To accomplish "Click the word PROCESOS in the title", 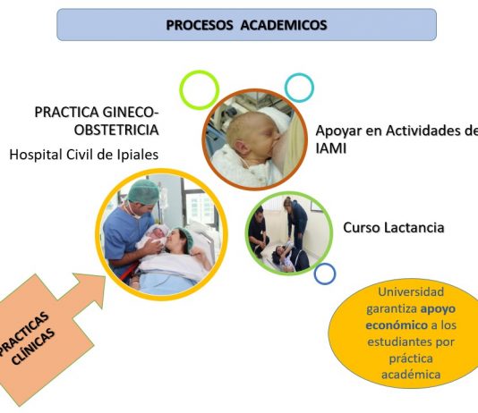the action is (x=200, y=25).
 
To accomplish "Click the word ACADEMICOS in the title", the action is (x=284, y=25).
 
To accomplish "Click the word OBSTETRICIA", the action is (x=116, y=130).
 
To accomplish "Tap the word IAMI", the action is (x=331, y=148).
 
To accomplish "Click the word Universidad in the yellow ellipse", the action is (x=411, y=291).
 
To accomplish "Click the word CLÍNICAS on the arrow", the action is (x=33, y=347).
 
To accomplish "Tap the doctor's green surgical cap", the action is (x=143, y=191).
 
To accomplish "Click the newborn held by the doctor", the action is (x=153, y=236).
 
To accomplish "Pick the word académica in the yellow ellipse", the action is (x=411, y=375).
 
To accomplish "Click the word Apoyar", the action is (x=338, y=131).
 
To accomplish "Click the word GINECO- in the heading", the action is (x=131, y=112).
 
